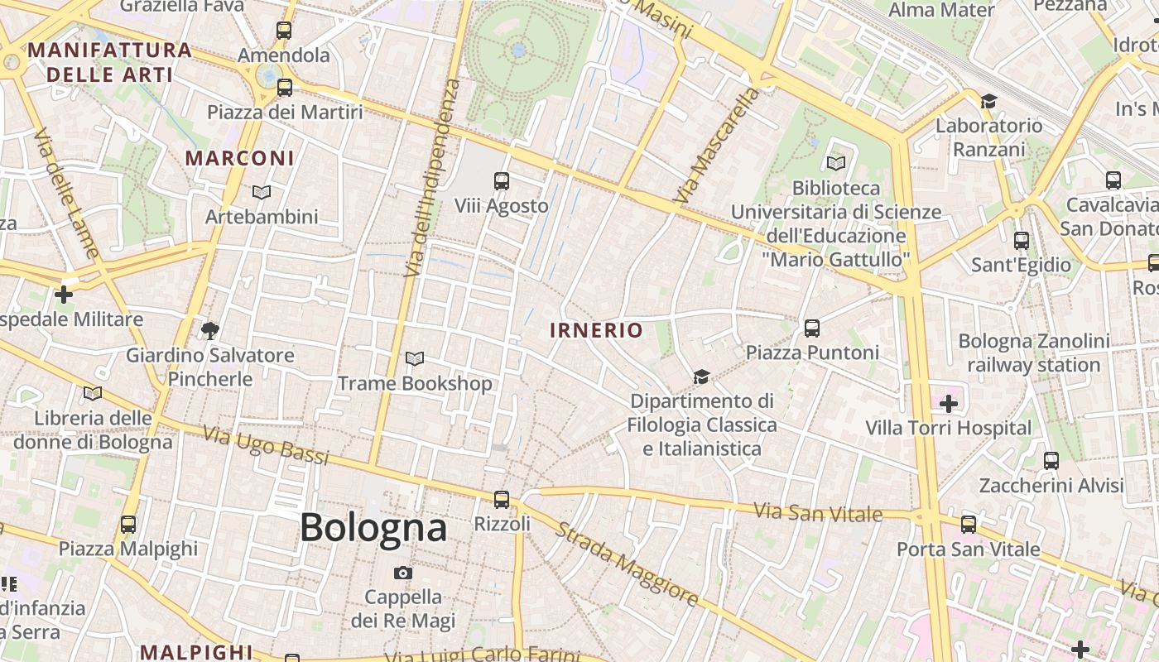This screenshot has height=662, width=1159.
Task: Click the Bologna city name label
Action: click(373, 527)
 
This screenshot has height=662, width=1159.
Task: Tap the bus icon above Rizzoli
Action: click(502, 499)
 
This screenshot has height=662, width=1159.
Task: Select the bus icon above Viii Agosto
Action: click(502, 180)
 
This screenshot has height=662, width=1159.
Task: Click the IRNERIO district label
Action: click(596, 330)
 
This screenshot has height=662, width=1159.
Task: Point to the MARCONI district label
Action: click(239, 158)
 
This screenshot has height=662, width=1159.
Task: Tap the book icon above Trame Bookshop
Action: click(415, 358)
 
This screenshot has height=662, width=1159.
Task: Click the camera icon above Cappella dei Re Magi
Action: click(403, 573)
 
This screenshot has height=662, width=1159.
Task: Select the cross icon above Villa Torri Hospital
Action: click(949, 404)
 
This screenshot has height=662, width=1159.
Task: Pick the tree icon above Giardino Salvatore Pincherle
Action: click(210, 331)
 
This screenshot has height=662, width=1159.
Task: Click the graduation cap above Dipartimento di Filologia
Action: click(702, 377)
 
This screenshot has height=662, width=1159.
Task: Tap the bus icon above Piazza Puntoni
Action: click(812, 328)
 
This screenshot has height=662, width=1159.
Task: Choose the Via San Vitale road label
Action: click(818, 512)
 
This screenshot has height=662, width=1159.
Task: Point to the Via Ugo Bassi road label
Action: click(266, 446)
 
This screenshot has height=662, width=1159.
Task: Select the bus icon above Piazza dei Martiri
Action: click(285, 87)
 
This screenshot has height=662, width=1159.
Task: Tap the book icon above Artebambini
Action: click(262, 192)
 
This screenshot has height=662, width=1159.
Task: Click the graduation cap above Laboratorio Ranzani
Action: click(988, 101)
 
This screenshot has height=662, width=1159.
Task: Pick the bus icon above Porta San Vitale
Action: click(969, 524)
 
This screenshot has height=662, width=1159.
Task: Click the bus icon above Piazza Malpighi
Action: click(128, 524)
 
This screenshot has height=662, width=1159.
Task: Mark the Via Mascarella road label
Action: click(718, 146)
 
